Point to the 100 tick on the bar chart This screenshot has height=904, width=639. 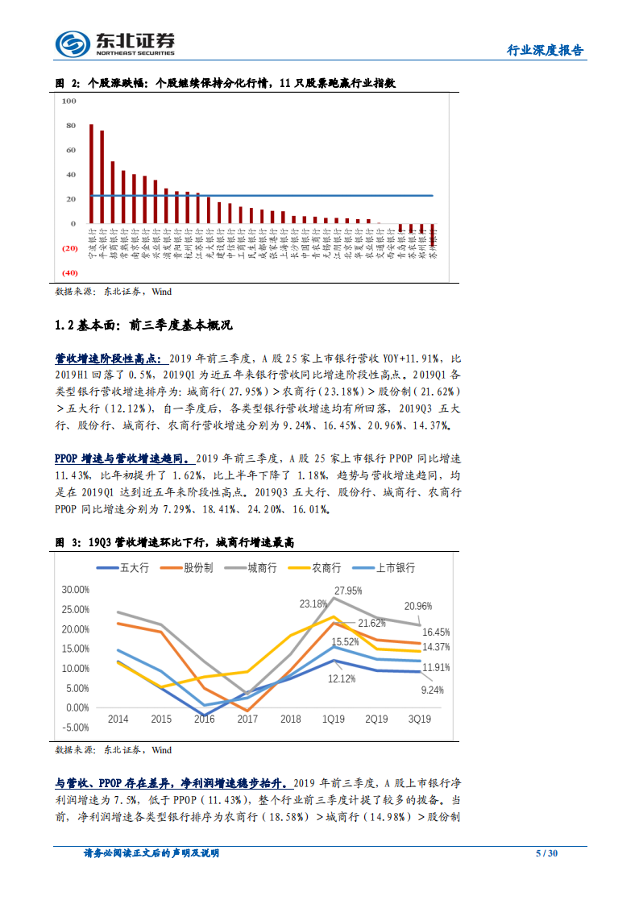coord(68,102)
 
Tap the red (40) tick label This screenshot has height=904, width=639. coord(68,272)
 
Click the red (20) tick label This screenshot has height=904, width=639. coord(68,248)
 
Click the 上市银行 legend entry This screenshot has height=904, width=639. coord(388,568)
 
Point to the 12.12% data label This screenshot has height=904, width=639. coord(342,678)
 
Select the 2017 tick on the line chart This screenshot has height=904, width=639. coord(247,719)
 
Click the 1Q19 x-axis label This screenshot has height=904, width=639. coord(333,719)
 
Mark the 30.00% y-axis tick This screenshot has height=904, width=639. coord(75,590)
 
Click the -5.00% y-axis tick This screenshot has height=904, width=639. coord(75,727)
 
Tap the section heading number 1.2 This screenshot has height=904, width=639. coord(64,326)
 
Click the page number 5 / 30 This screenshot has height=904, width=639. coord(547,853)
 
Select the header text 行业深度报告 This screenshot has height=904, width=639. coord(545,50)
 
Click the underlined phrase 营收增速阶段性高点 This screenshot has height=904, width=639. coord(107,358)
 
